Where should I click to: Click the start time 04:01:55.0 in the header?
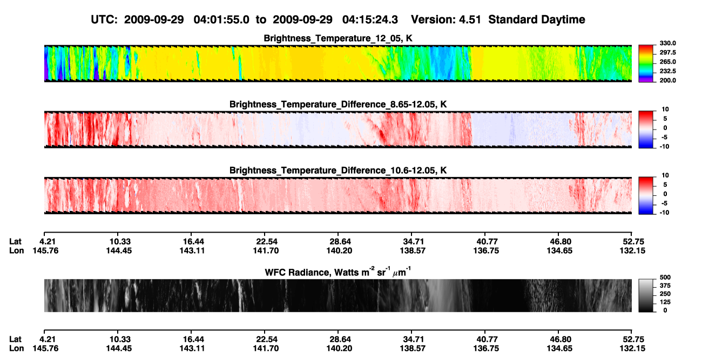pyautogui.click(x=221, y=20)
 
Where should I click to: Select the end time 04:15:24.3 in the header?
pyautogui.click(x=370, y=20)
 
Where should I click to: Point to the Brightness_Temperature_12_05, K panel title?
pyautogui.click(x=338, y=38)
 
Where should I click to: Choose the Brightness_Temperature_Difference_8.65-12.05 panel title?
pyautogui.click(x=338, y=104)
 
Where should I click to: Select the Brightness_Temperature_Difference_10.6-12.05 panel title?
pyautogui.click(x=338, y=171)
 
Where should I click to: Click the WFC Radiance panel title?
pyautogui.click(x=338, y=271)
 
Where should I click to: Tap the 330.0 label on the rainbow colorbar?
pyautogui.click(x=667, y=43)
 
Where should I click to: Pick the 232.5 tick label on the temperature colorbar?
pyautogui.click(x=667, y=71)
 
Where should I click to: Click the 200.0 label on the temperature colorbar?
pyautogui.click(x=667, y=80)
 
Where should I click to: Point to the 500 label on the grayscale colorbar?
pyautogui.click(x=665, y=277)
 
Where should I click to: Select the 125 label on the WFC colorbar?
pyautogui.click(x=665, y=302)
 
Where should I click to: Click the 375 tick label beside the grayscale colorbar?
pyautogui.click(x=665, y=286)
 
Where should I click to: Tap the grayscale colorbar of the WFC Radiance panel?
pyautogui.click(x=646, y=295)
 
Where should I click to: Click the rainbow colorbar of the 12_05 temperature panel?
pyautogui.click(x=646, y=64)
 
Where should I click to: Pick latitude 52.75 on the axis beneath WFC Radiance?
pyautogui.click(x=633, y=339)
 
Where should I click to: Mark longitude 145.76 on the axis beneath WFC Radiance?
pyautogui.click(x=45, y=349)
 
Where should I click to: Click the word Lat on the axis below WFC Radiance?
pyautogui.click(x=15, y=339)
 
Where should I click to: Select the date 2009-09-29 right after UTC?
pyautogui.click(x=154, y=20)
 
